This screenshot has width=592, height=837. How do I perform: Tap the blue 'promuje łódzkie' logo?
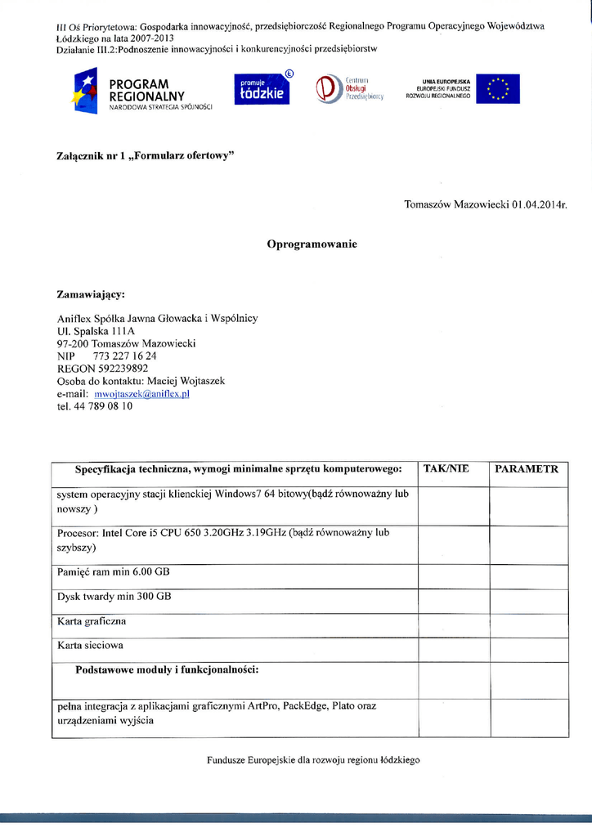[262, 89]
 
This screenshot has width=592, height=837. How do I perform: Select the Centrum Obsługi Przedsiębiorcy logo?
[349, 88]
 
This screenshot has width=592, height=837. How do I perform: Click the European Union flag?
[497, 89]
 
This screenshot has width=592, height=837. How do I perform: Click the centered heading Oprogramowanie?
[312, 244]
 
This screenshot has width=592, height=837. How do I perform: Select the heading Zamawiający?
[91, 293]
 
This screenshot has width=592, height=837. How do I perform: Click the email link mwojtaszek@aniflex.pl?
[148, 393]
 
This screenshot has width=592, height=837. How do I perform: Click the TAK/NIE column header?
[446, 469]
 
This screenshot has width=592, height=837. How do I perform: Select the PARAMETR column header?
[527, 469]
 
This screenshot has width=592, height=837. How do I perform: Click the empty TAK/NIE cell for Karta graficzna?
[453, 625]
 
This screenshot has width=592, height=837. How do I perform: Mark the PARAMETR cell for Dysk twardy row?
[528, 601]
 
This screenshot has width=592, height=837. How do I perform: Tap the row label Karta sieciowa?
[90, 646]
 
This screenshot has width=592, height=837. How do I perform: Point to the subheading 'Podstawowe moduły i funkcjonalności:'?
[167, 670]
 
